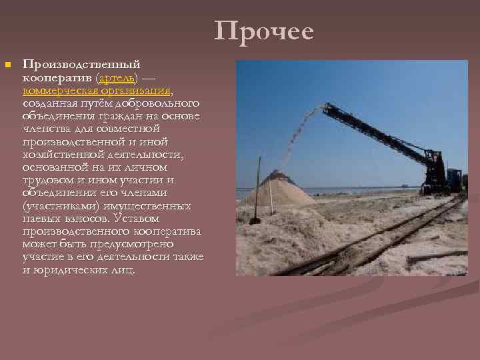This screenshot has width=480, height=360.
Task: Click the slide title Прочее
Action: [264, 31]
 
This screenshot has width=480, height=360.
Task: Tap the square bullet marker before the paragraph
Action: [7, 65]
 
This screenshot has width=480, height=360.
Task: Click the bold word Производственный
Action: [81, 65]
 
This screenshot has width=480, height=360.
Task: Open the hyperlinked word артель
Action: [113, 78]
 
